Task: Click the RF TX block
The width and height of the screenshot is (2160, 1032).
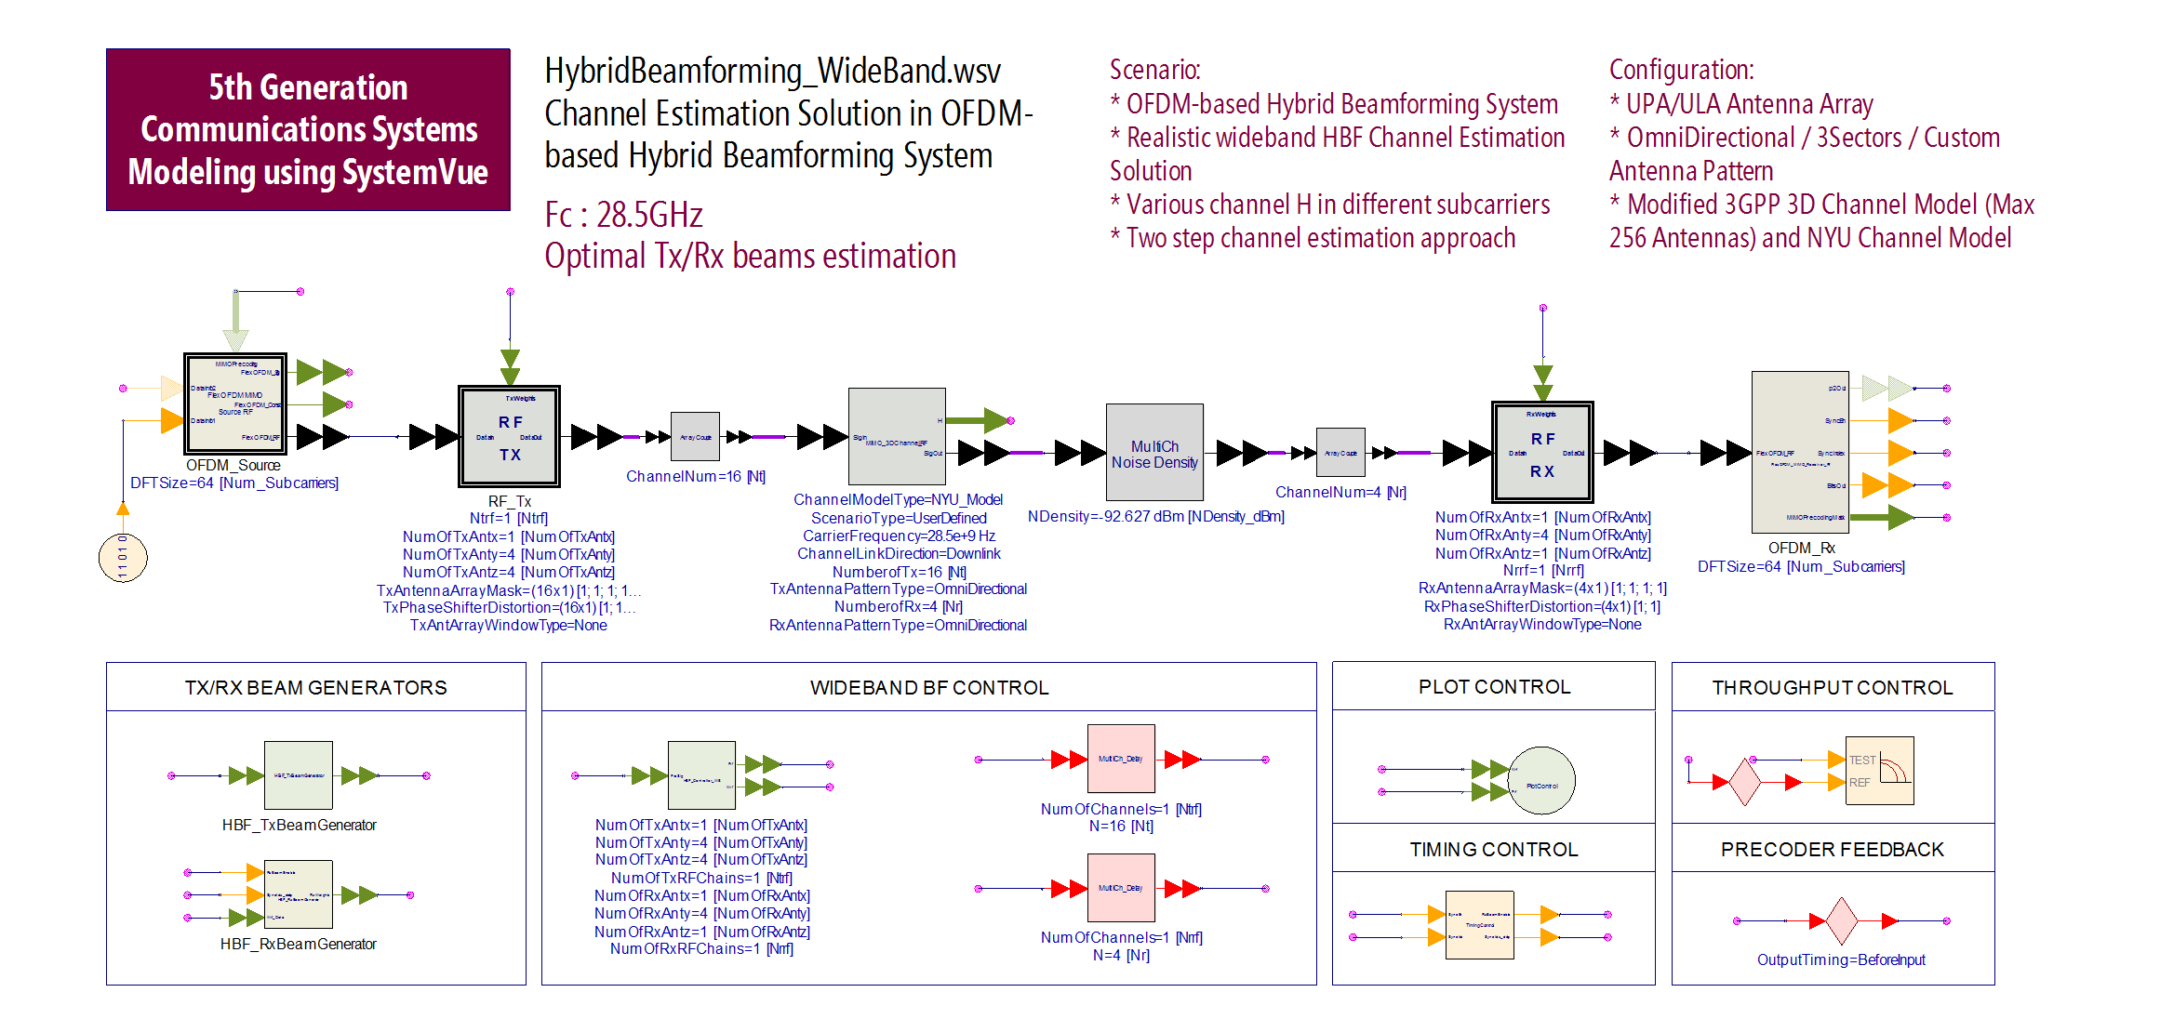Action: tap(509, 437)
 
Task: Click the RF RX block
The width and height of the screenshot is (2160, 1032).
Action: tap(1541, 453)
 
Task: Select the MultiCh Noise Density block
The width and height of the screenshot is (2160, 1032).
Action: tap(1153, 453)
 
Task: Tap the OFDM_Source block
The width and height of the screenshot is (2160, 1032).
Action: tap(234, 403)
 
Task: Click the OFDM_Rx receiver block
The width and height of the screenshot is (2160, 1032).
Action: tap(1799, 453)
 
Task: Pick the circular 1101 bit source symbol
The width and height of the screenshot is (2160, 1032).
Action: tap(123, 557)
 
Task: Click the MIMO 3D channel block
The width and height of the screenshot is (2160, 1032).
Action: tap(897, 436)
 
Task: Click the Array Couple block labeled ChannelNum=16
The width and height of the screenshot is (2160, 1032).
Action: tap(695, 436)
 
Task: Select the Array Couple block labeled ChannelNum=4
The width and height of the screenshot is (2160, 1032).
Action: tap(1340, 453)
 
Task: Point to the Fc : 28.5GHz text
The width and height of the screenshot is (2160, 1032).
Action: tap(623, 215)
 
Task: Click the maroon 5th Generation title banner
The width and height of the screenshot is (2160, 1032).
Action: tap(308, 129)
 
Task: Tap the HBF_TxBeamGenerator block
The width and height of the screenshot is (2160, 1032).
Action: tap(298, 774)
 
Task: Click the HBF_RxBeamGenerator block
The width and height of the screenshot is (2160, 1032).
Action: tap(298, 894)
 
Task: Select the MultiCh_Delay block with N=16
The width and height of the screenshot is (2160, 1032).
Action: tap(1121, 759)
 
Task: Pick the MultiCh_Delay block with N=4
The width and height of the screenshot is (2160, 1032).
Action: tap(1121, 888)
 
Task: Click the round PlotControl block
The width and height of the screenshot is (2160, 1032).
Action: tap(1541, 781)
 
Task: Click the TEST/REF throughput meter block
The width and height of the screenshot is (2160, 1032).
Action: tap(1879, 771)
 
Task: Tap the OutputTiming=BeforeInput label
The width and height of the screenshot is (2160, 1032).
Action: tap(1840, 959)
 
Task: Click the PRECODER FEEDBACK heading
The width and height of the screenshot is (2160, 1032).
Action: tap(1832, 849)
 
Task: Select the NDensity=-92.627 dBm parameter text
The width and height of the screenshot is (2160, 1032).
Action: tap(1155, 516)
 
